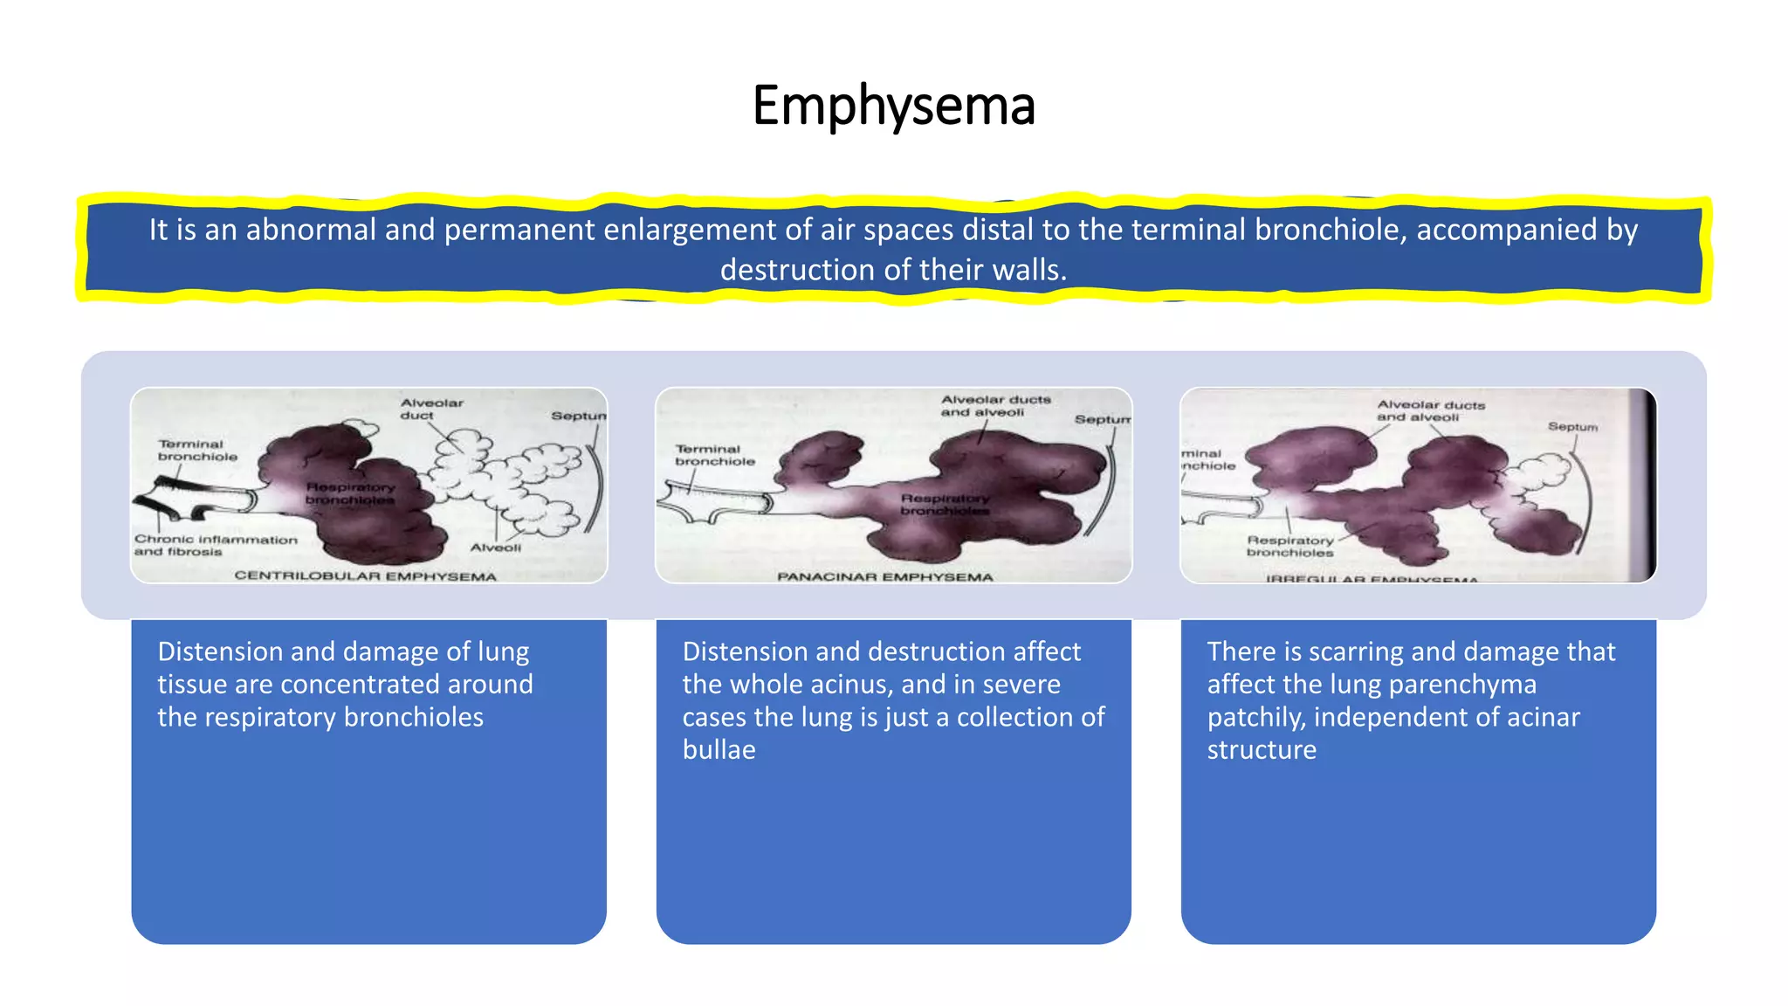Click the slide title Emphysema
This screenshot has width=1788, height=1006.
[x=893, y=106]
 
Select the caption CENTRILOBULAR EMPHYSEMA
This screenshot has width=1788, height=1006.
[x=365, y=576]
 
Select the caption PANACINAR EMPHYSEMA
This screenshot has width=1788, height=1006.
[x=884, y=577]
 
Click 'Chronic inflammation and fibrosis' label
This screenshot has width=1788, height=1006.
[x=215, y=546]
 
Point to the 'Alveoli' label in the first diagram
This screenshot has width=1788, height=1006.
[x=495, y=548]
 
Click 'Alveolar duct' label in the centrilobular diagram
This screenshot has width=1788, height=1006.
[x=430, y=409]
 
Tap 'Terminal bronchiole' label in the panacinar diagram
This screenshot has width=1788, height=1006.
[x=713, y=455]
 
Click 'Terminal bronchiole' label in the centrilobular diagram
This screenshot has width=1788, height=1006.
[x=196, y=450]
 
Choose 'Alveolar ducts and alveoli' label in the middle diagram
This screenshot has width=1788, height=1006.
[x=994, y=405]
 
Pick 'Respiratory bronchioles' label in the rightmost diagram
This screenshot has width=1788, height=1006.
[x=1289, y=547]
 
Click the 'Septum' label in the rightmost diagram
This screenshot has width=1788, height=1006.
[x=1572, y=426]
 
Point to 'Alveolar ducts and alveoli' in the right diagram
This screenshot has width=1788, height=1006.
[x=1429, y=410]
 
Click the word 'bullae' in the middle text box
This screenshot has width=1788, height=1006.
[x=719, y=750]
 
